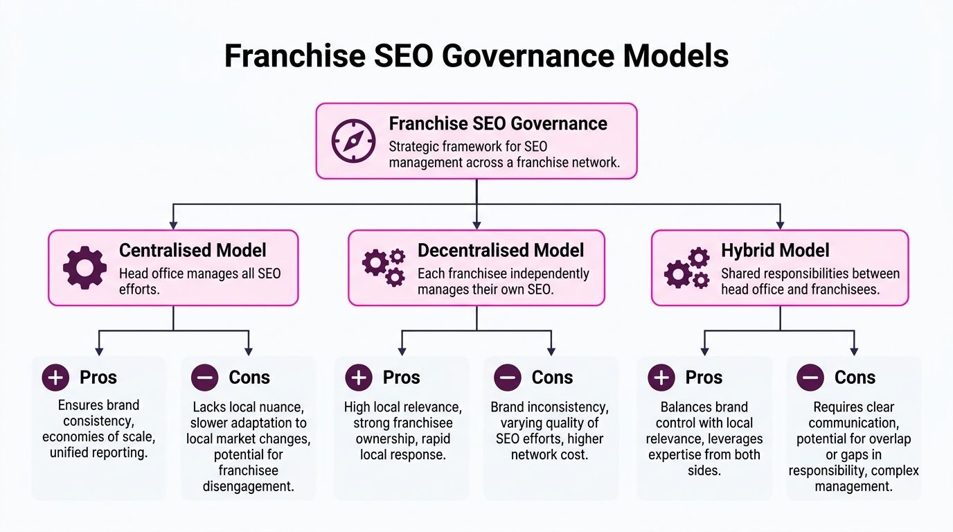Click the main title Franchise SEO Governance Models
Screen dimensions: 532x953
[476, 55]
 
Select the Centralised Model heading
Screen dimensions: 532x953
[193, 250]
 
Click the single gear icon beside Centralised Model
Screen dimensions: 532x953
[84, 267]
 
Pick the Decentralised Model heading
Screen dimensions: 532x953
[501, 250]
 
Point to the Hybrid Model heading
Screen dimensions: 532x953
[775, 250]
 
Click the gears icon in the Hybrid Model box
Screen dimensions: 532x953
[687, 267]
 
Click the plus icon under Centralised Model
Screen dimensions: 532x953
[55, 378]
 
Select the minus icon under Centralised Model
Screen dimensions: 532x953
[205, 378]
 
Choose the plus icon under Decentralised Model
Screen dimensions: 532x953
[358, 378]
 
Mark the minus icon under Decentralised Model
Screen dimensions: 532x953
[508, 378]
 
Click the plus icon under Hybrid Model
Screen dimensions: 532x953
[661, 378]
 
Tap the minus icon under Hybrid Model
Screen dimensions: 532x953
[810, 378]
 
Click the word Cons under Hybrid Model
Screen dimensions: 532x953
[855, 378]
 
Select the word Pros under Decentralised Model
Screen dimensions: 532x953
[401, 378]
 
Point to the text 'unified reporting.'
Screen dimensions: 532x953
[98, 453]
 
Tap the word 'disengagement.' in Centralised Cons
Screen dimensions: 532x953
[248, 486]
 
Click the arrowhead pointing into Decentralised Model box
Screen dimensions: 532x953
[476, 225]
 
